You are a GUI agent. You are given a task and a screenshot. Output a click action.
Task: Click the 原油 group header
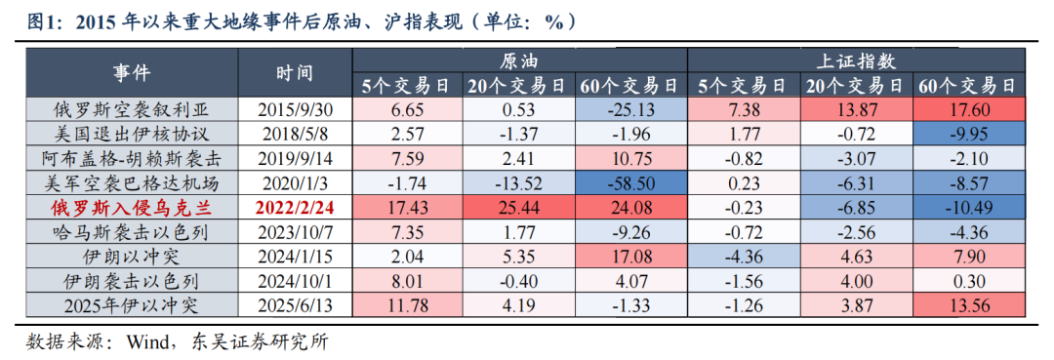point(519,60)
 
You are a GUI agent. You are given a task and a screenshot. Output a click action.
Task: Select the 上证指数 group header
point(856,60)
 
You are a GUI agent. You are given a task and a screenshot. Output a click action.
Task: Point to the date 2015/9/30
point(294,108)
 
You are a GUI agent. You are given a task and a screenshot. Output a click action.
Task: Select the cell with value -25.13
point(629,108)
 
